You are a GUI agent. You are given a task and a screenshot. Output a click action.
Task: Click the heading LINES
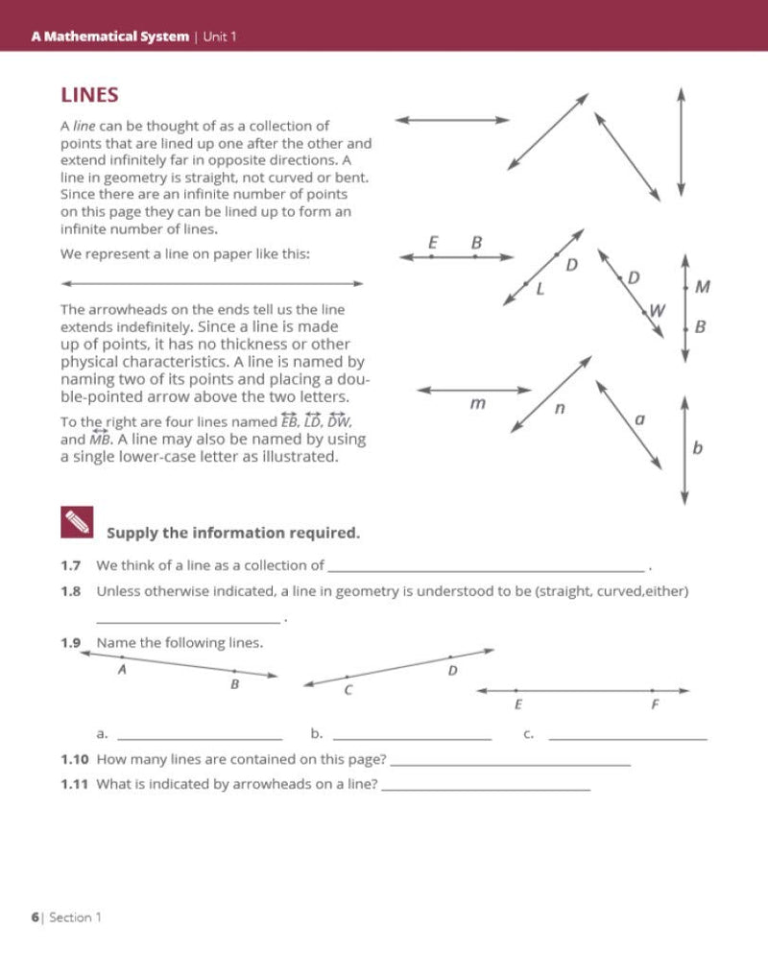(89, 95)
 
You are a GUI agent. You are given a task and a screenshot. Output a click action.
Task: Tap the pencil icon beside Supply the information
(76, 523)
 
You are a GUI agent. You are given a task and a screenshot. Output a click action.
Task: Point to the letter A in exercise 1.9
(122, 670)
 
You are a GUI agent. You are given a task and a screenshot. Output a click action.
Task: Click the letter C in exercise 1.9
(348, 690)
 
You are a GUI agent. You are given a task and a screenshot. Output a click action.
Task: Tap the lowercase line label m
(477, 404)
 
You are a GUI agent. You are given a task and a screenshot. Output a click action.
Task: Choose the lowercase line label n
(560, 408)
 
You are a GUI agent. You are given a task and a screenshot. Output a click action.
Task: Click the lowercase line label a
(640, 419)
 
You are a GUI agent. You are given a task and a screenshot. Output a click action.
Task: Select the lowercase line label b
(697, 447)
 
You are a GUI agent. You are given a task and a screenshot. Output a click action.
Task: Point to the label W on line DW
(657, 310)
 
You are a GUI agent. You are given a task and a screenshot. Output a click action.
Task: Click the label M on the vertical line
(702, 286)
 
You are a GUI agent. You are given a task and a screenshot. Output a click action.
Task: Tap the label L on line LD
(540, 288)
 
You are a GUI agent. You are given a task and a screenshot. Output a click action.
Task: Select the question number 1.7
(70, 565)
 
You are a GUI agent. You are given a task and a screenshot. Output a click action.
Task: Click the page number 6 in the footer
(36, 917)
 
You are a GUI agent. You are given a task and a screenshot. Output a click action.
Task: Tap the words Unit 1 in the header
(220, 36)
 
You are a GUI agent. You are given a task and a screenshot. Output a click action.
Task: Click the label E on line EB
(434, 243)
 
